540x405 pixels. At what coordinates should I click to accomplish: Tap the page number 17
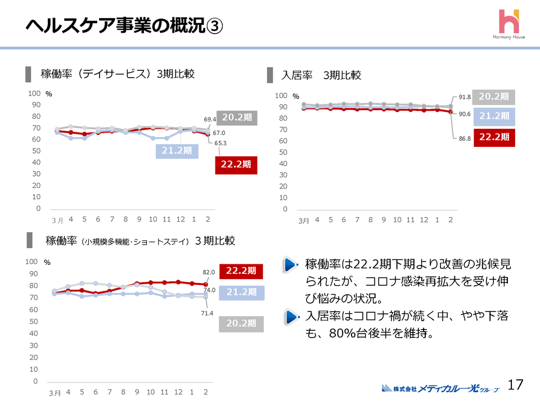coord(515,385)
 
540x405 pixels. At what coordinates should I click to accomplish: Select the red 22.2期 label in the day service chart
coord(236,164)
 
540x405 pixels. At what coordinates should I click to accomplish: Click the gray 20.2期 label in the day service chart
coord(237,118)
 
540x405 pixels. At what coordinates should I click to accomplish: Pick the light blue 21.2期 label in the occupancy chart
coord(494,116)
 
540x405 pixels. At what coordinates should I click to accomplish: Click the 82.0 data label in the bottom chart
coord(209,272)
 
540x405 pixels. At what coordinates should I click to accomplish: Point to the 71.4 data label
coord(207,313)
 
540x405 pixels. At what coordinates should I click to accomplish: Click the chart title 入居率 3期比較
coord(321,75)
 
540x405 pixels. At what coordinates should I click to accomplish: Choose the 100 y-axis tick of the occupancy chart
coord(281,96)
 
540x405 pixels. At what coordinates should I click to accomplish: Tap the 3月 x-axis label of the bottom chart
coord(55,393)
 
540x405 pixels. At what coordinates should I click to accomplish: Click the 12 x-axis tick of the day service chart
coord(181,219)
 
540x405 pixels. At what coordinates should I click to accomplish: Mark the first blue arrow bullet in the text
coord(290,265)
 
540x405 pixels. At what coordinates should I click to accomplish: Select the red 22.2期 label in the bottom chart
coord(241,271)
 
